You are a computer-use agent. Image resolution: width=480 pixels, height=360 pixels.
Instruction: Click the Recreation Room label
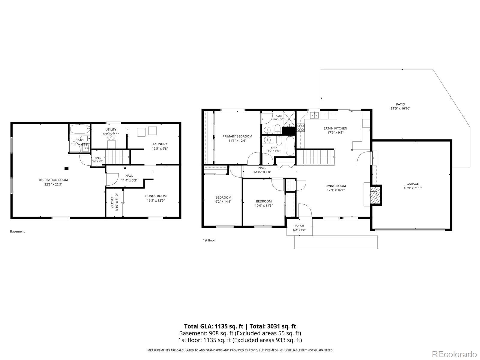(x=53, y=180)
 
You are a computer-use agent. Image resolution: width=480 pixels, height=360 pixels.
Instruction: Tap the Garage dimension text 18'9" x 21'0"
(x=412, y=188)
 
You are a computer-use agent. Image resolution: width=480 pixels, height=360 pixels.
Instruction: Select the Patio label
(x=400, y=104)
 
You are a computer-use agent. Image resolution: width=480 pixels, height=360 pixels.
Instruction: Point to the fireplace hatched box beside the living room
(x=376, y=195)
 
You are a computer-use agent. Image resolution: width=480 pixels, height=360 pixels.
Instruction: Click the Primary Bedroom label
(x=237, y=136)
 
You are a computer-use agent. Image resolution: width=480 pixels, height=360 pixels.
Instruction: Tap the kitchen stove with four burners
(x=300, y=128)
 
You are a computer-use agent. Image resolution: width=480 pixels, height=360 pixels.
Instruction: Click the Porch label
(x=299, y=226)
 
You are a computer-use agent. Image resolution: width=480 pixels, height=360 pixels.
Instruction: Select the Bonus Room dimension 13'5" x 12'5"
(x=156, y=200)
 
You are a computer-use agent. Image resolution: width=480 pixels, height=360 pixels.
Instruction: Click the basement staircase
(x=118, y=157)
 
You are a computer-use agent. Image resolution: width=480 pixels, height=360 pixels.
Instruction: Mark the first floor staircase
(x=315, y=157)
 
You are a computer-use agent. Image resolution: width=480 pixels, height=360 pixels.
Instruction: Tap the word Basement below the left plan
(x=17, y=232)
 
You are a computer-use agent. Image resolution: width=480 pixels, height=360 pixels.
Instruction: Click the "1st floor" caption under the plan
(x=209, y=240)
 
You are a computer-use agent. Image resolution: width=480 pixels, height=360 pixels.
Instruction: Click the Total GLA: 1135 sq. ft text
(x=214, y=327)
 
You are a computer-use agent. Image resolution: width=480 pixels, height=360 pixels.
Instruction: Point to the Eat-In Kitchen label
(x=335, y=128)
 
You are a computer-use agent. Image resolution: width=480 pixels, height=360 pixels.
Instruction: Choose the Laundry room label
(x=160, y=144)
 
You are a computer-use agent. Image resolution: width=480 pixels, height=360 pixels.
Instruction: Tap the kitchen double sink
(x=314, y=115)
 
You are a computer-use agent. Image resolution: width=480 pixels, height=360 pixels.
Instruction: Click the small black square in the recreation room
(x=67, y=169)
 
